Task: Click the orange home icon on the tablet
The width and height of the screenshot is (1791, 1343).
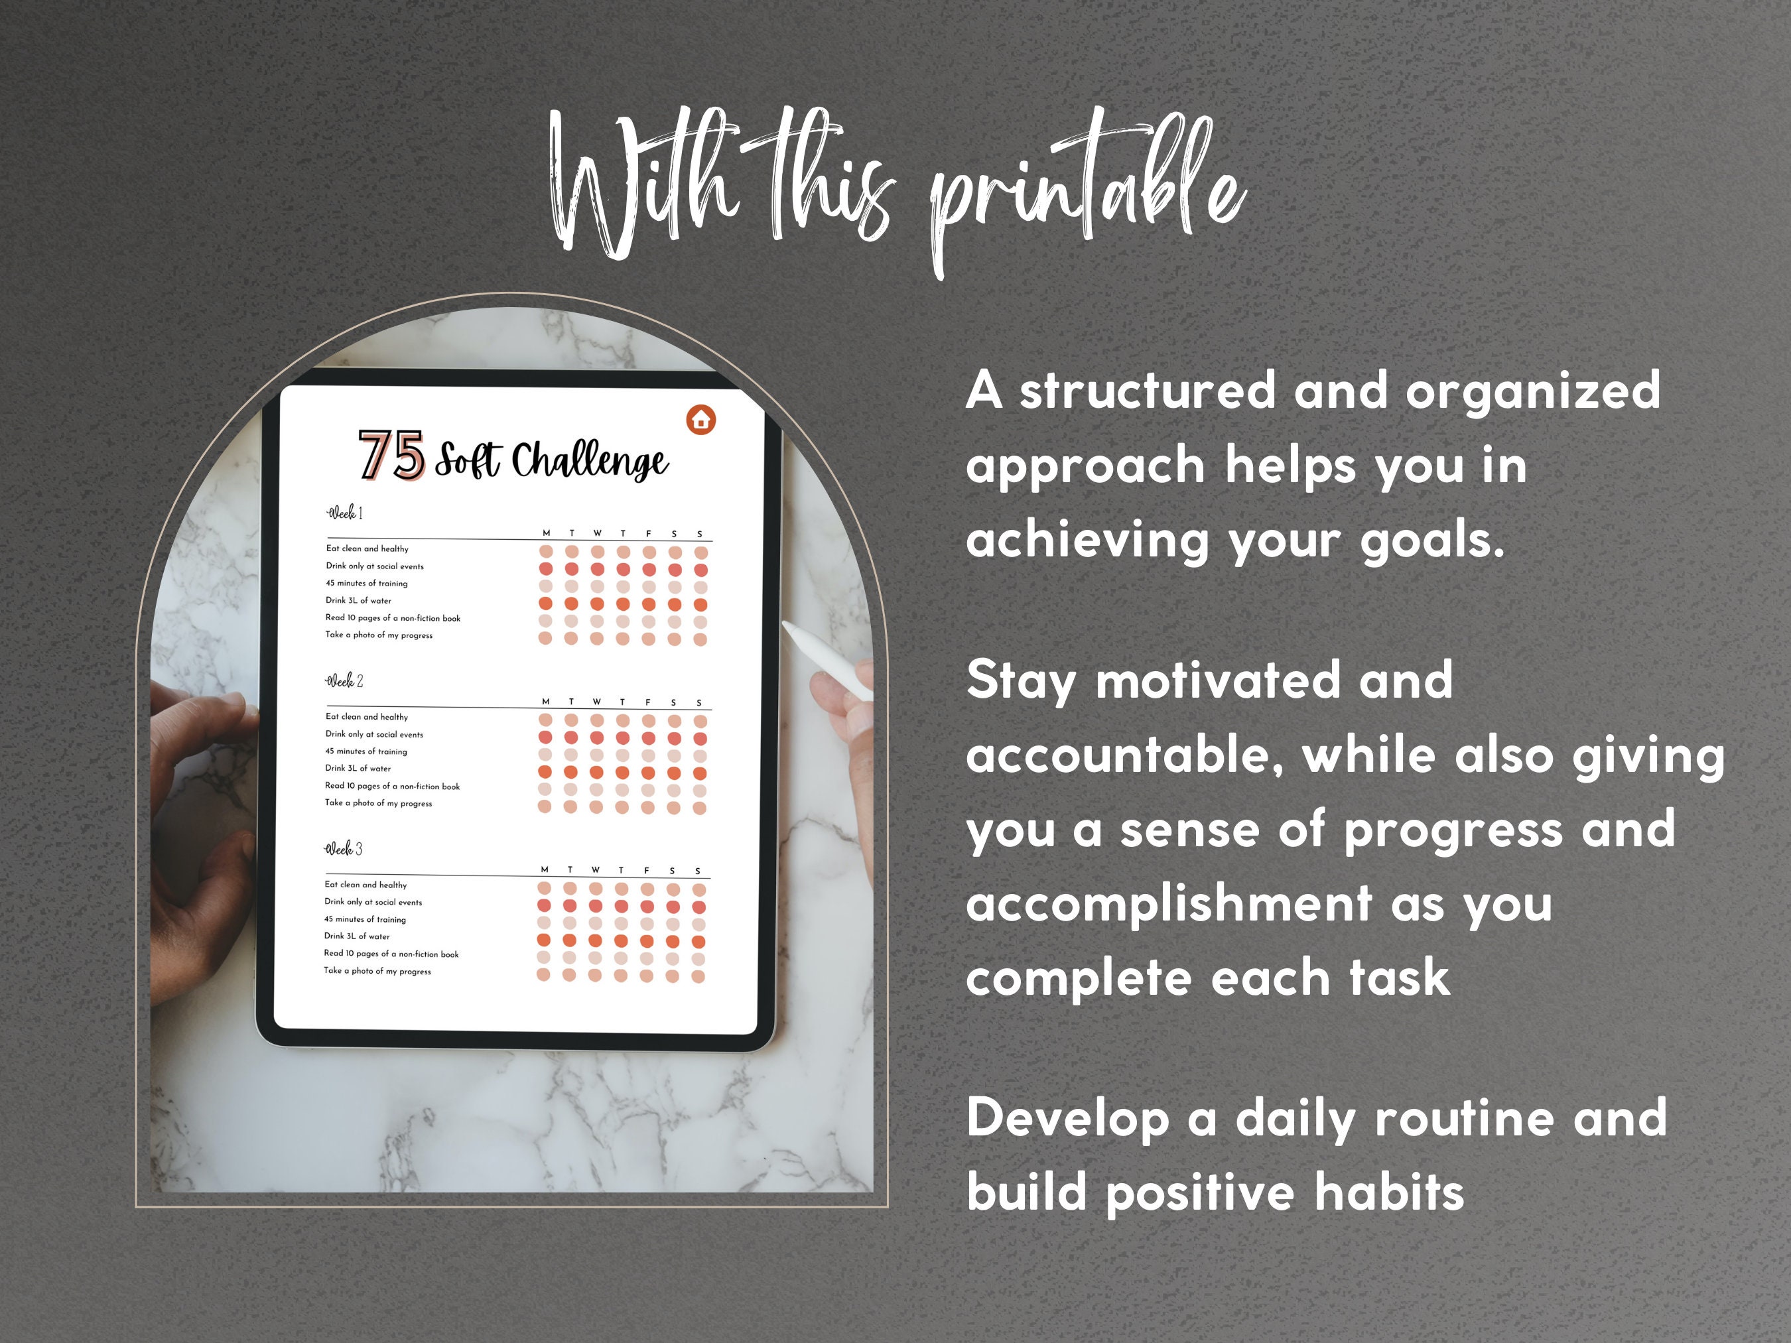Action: pos(700,419)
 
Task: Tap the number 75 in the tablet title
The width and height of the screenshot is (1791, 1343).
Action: pos(392,455)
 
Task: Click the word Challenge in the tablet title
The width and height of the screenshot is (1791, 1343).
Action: pos(590,461)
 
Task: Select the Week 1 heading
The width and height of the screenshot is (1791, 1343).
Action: pos(345,513)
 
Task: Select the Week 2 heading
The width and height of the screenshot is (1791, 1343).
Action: pos(345,681)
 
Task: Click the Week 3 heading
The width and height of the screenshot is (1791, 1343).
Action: pos(344,848)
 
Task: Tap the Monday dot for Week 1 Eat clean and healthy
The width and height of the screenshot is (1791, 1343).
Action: pos(546,551)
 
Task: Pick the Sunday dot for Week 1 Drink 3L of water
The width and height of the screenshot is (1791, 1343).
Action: pos(700,605)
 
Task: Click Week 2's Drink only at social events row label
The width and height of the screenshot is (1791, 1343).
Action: pos(374,734)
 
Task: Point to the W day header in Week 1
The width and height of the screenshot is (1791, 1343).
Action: pos(598,533)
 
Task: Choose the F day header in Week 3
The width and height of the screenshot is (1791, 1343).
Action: pos(646,870)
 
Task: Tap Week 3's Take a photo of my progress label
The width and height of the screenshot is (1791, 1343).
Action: pos(377,971)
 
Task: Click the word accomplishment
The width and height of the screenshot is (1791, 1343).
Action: pos(1168,903)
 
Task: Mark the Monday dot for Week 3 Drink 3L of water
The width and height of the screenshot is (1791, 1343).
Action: pos(544,940)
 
